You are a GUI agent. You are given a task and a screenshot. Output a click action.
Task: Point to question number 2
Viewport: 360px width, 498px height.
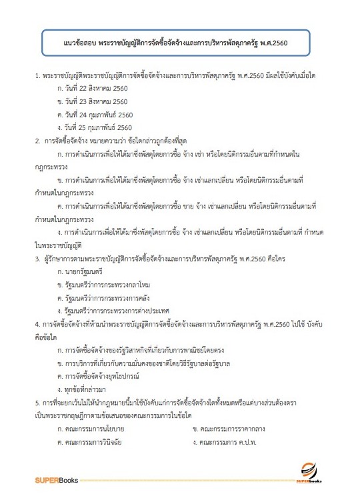click(x=37, y=140)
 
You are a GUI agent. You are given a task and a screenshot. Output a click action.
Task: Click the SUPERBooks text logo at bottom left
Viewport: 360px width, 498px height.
click(x=59, y=478)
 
